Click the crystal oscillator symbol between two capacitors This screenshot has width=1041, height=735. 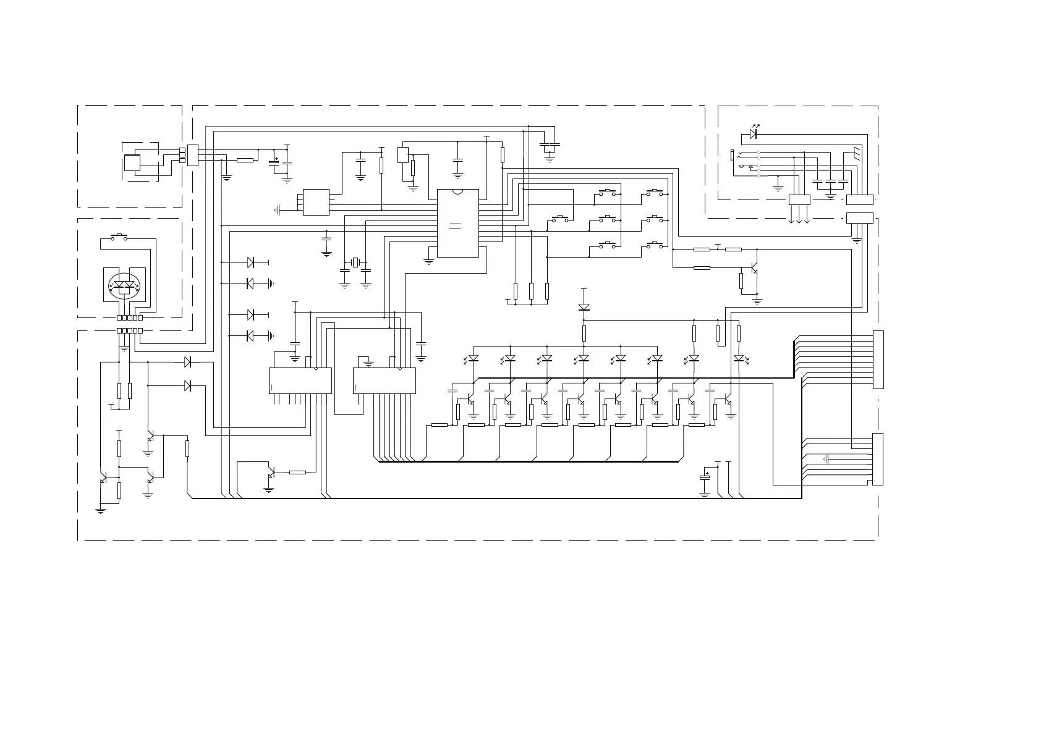(x=355, y=263)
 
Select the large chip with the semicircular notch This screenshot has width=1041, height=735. (x=457, y=223)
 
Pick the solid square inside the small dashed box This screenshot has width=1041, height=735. (x=132, y=163)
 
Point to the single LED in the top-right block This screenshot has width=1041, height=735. (x=753, y=133)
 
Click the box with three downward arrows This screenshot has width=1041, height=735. (x=799, y=199)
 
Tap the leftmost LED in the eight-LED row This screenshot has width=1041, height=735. (x=474, y=358)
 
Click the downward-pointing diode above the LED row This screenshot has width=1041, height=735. (x=584, y=307)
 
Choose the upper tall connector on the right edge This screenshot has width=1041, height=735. (x=878, y=359)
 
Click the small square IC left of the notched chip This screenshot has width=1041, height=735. (x=316, y=202)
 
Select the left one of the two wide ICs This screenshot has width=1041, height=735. (x=300, y=380)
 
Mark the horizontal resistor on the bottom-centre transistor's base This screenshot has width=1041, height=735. (x=297, y=472)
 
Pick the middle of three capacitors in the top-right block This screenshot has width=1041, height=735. (x=830, y=181)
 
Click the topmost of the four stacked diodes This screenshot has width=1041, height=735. (x=250, y=262)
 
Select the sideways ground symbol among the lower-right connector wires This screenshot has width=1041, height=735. (x=826, y=459)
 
